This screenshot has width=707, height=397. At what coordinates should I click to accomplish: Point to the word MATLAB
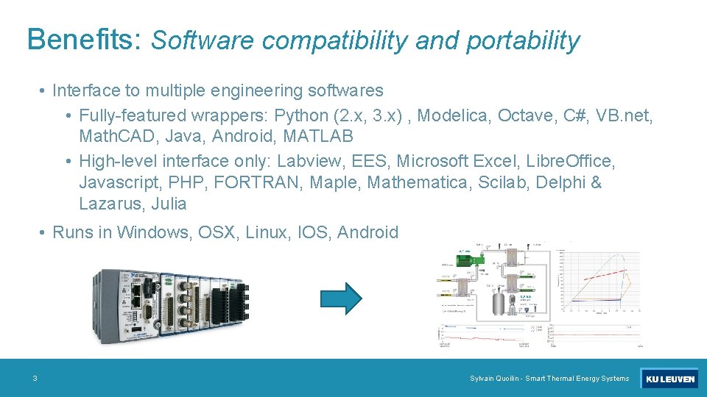click(317, 136)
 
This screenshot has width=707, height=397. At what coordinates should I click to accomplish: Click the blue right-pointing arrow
click(341, 298)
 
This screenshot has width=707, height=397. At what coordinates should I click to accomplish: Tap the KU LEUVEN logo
click(669, 379)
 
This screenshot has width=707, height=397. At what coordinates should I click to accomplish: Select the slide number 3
click(35, 379)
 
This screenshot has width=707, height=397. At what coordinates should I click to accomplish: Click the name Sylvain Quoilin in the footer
click(494, 379)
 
